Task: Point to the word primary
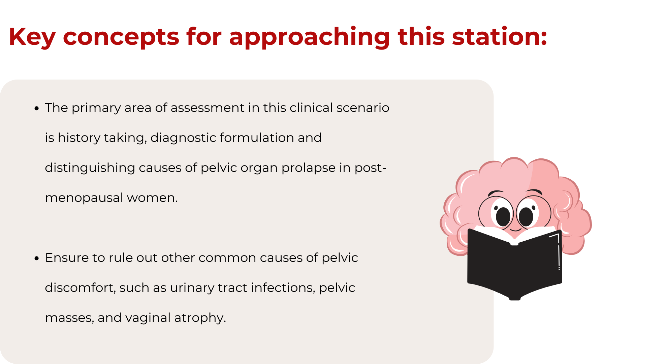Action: coord(96,108)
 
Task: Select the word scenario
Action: coord(363,108)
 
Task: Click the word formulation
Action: coord(257,138)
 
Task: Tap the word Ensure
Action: coord(67,258)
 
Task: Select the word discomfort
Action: coord(80,288)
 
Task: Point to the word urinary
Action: coord(192,288)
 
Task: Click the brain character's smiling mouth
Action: coord(515,230)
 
